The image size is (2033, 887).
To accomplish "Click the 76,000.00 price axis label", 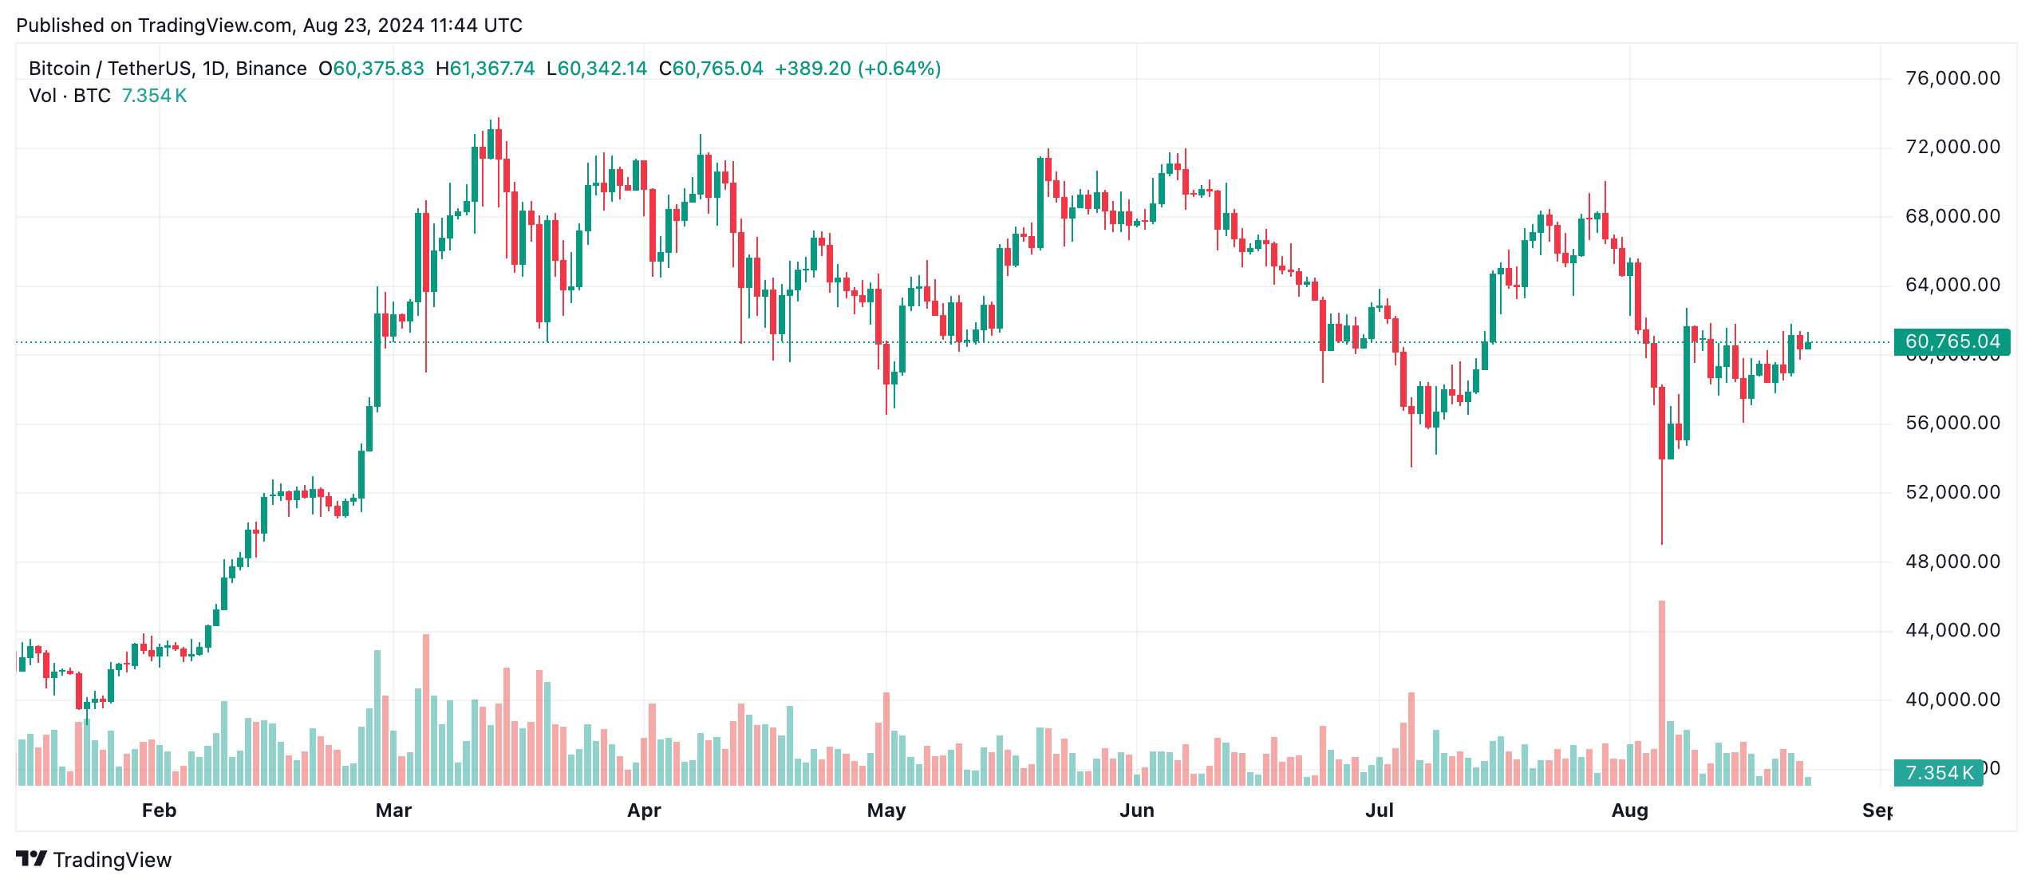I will pos(1952,78).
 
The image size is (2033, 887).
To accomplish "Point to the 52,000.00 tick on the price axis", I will pos(1952,492).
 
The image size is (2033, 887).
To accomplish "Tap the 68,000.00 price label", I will pos(1952,216).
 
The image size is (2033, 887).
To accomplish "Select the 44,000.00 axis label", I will pos(1952,630).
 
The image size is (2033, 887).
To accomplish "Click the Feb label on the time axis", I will pos(159,810).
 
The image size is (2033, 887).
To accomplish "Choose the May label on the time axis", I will pos(886,810).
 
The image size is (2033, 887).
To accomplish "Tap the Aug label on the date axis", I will pos(1629,810).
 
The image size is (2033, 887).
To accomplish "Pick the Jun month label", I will pos(1136,810).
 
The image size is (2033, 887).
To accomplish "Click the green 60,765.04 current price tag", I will pos(1952,342).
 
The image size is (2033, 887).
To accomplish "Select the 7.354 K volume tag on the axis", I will pos(1938,772).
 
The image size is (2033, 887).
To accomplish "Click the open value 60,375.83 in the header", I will pos(378,69).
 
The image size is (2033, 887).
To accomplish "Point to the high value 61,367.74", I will pos(491,69).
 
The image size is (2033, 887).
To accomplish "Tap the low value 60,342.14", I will pos(602,69).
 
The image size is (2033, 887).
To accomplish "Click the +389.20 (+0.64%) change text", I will pos(858,69).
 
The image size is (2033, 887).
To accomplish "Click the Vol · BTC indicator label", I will pos(70,96).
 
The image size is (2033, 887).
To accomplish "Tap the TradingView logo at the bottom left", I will pos(94,859).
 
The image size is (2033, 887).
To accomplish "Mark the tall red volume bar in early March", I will pos(426,709).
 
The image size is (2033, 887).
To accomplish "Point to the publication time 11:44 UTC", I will pos(476,26).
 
